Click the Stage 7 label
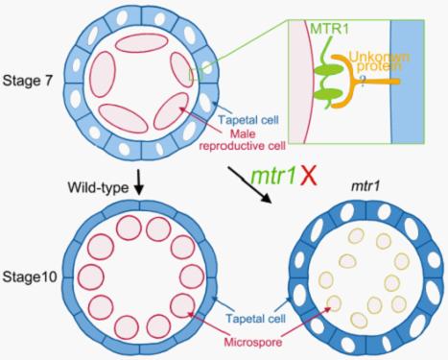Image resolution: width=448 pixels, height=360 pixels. [27, 81]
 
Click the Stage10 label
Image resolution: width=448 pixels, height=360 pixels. [30, 276]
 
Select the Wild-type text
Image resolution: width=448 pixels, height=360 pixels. [98, 188]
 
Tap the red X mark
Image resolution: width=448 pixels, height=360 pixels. [309, 177]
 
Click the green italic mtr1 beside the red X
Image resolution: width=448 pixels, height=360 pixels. [273, 177]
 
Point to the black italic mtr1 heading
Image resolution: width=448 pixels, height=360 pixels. [365, 186]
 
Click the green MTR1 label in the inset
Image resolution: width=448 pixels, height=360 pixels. [329, 29]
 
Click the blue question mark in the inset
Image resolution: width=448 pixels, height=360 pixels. [363, 82]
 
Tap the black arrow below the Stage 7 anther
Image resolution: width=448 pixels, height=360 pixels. [138, 181]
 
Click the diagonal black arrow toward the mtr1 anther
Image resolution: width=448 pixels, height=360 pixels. [249, 184]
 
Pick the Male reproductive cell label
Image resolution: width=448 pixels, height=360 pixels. [242, 139]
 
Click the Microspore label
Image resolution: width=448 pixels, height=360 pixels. [253, 342]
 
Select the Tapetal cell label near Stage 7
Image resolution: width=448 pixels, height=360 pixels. [248, 120]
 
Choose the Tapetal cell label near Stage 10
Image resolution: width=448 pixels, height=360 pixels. [255, 318]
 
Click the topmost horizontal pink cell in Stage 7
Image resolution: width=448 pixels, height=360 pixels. [141, 42]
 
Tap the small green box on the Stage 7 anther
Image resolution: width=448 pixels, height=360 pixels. [196, 74]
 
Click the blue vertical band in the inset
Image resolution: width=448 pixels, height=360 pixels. [408, 82]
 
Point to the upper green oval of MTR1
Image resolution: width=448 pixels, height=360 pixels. [327, 69]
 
